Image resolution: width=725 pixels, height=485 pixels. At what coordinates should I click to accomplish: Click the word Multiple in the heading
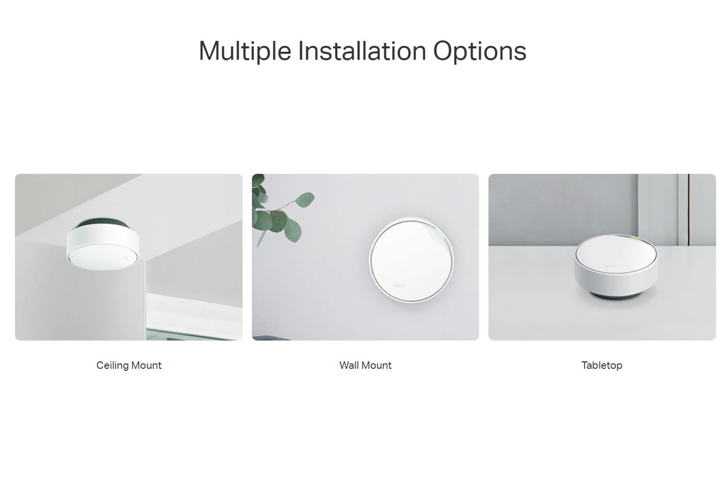245,51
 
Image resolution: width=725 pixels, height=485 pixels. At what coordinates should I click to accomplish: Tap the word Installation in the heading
362,51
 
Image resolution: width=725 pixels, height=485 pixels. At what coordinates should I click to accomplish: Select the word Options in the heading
480,51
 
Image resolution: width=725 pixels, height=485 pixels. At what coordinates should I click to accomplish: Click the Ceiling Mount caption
129,365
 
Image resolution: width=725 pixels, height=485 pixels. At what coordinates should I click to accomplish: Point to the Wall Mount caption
366,365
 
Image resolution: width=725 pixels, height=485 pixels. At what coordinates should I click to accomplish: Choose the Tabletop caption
602,365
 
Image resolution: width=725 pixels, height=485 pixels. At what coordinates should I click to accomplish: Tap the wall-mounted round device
411,260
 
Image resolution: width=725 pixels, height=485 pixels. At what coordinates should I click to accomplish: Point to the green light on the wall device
440,233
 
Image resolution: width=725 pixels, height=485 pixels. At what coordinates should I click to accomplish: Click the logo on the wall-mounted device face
399,285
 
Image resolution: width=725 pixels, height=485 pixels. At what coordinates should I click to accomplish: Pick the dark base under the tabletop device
616,296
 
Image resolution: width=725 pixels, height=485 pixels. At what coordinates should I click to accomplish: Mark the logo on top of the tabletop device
608,266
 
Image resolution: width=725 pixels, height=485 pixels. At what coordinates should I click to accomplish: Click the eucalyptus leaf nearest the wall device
304,200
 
